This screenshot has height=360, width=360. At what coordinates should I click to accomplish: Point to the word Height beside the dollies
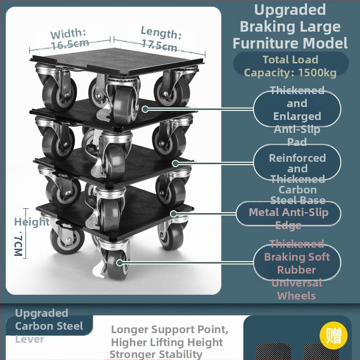coord(32,222)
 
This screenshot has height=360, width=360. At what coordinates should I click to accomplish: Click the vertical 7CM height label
coord(18,245)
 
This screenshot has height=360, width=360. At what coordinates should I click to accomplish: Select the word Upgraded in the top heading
coord(290,10)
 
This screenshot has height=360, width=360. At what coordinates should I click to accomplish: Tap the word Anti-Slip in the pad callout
coord(297,129)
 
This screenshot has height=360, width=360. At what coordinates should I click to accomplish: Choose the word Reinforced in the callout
coord(297,158)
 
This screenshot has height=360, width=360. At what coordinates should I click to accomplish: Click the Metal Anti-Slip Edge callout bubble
coord(288,213)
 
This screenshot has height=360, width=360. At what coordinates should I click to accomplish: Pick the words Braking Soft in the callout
coord(297,257)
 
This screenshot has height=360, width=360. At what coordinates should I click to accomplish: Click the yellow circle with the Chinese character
coord(333,336)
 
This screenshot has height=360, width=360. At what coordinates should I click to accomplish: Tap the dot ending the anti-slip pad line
coord(144,109)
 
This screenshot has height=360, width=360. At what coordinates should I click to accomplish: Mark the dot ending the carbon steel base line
coord(175,163)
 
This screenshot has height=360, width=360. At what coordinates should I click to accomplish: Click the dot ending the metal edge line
coord(173,213)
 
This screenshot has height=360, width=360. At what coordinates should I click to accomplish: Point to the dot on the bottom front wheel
coord(119,263)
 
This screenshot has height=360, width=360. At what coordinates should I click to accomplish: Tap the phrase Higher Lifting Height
coord(167,342)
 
